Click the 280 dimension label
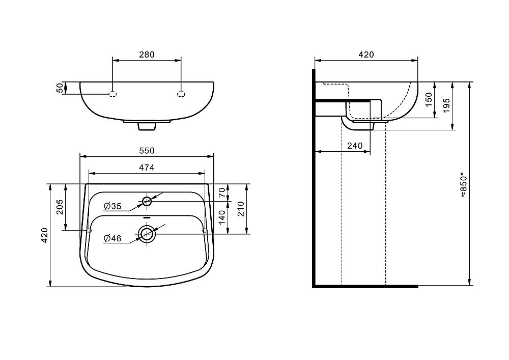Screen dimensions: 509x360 [x=147, y=54]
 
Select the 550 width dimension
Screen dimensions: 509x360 [x=147, y=151]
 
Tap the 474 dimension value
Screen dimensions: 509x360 [x=147, y=168]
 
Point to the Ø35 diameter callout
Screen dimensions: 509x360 [x=112, y=206]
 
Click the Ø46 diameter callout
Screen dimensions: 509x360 [x=112, y=239]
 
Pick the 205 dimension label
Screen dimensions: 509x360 [x=60, y=207]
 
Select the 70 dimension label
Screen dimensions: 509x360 [x=222, y=193]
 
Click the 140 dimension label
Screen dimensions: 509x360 [x=222, y=217]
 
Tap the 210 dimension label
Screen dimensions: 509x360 [x=241, y=209]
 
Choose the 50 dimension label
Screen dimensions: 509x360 [x=60, y=88]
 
